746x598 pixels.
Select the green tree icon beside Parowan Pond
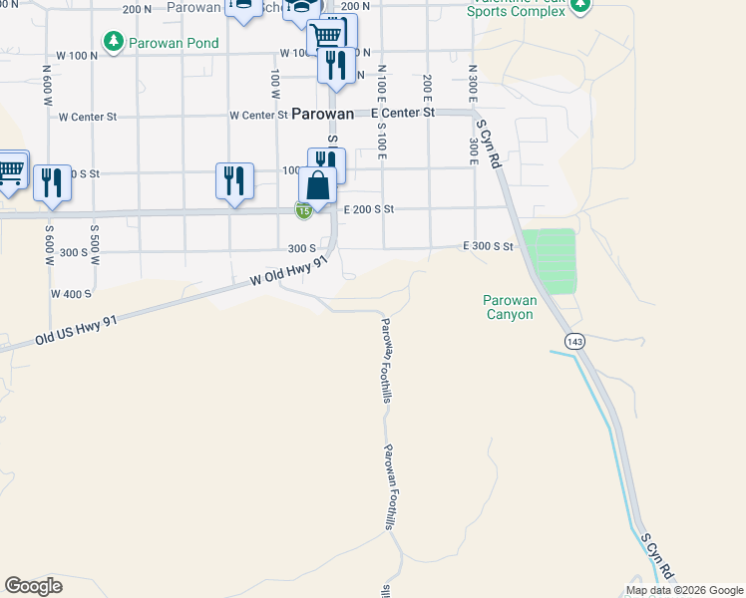pyautogui.click(x=113, y=42)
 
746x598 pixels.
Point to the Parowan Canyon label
pyautogui.click(x=509, y=307)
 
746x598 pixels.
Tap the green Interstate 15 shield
pyautogui.click(x=303, y=209)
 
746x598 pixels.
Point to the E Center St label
pyautogui.click(x=403, y=114)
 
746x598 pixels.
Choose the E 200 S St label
pyautogui.click(x=370, y=209)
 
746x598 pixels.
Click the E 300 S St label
pyautogui.click(x=488, y=246)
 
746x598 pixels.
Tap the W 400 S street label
pyautogui.click(x=71, y=294)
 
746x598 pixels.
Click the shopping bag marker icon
pyautogui.click(x=317, y=185)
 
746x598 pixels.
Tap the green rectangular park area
pyautogui.click(x=550, y=260)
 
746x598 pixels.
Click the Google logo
pyautogui.click(x=33, y=586)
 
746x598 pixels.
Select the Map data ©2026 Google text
pyautogui.click(x=683, y=590)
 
